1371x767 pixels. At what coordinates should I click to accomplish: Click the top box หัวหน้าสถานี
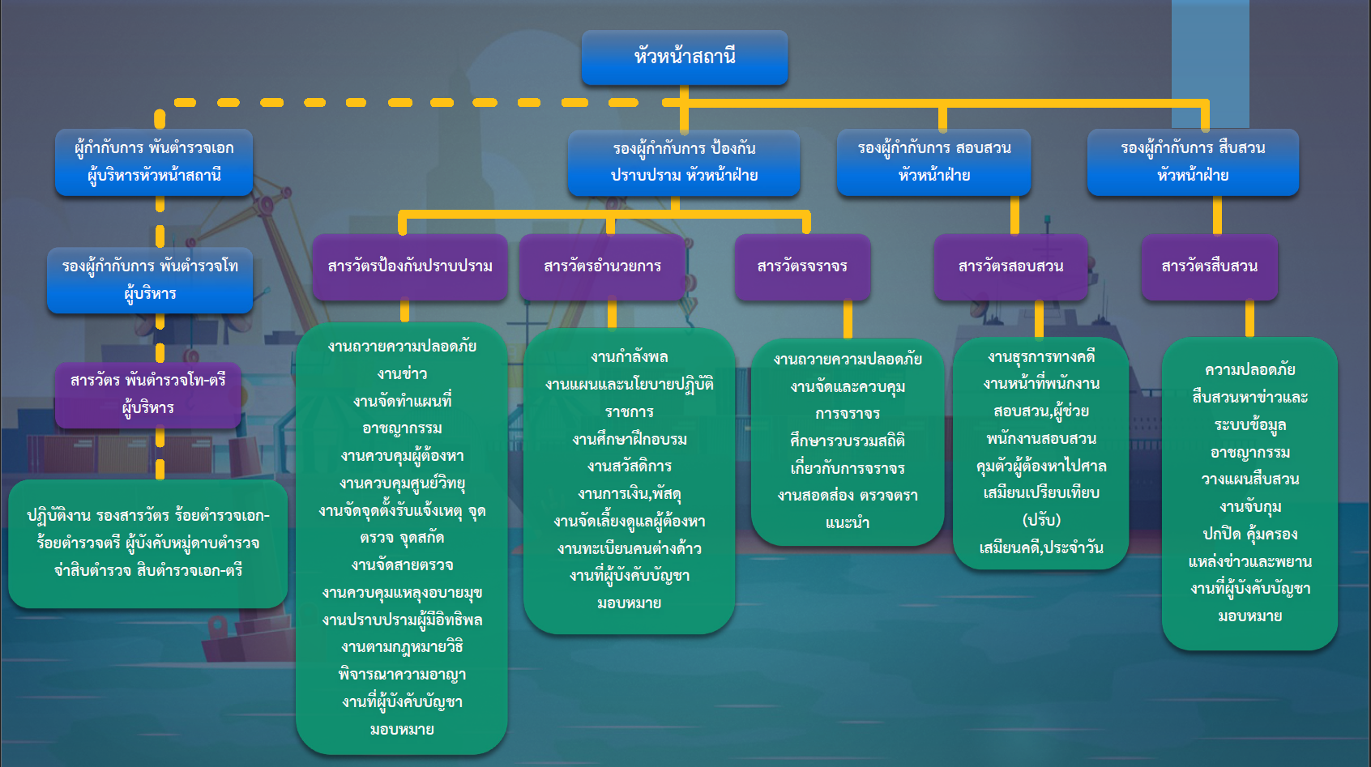coord(685,58)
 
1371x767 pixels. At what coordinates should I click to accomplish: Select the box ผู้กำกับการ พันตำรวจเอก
coord(154,162)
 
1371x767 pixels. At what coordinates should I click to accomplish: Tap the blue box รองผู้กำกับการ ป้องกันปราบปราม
coord(684,162)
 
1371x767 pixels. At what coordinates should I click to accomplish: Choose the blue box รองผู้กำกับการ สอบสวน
coord(933,162)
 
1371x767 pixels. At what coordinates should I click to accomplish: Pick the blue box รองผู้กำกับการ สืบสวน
coord(1193,162)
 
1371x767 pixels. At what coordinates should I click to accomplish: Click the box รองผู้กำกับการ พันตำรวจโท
coord(150,280)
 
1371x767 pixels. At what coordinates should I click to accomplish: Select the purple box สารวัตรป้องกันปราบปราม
coord(410,266)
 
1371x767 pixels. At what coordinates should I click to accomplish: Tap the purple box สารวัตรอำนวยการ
coord(602,266)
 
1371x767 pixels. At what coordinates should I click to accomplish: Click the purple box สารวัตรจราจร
coord(802,266)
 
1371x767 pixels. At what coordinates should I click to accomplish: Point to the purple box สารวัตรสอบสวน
coord(1010,266)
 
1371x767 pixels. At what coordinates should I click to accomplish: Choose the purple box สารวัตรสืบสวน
coord(1209,266)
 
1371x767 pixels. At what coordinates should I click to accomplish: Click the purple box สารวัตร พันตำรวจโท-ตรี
coord(148,394)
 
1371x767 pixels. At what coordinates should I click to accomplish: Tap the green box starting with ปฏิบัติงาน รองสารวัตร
coord(148,543)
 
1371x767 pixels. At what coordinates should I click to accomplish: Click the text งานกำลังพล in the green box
coord(630,357)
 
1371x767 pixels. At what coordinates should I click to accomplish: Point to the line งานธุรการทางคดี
coord(1041,356)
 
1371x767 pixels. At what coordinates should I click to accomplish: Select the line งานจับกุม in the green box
coord(1250,507)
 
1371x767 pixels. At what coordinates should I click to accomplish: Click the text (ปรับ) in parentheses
coord(1041,520)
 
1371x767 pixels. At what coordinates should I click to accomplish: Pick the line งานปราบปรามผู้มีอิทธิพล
coord(402,620)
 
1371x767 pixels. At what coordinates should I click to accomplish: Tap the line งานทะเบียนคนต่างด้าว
coord(630,549)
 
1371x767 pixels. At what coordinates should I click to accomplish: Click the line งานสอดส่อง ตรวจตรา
coord(848,496)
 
